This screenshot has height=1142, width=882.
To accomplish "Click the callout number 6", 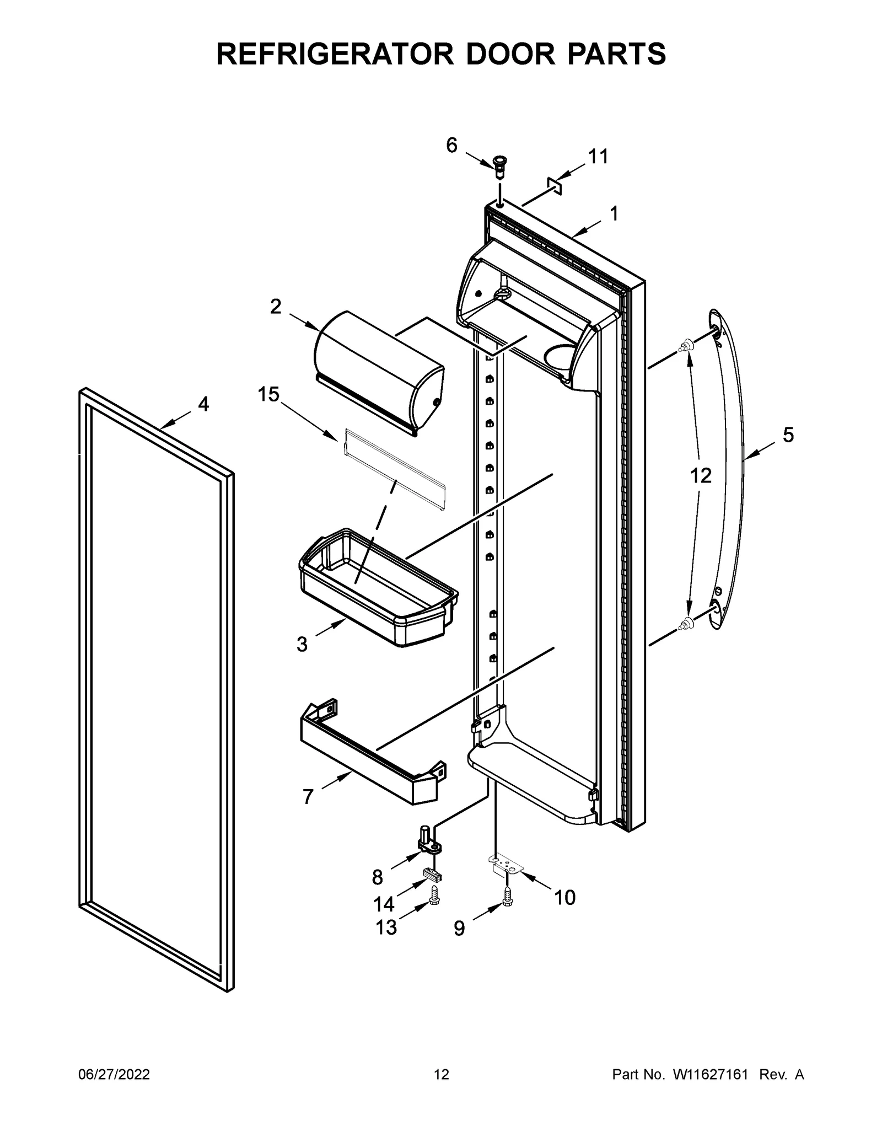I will click(x=451, y=145).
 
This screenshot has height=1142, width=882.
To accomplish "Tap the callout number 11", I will click(x=598, y=157).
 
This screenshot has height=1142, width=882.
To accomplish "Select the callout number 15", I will click(x=269, y=394).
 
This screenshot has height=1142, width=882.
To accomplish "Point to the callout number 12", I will click(x=701, y=475).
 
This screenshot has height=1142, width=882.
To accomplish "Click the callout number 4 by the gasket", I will click(x=203, y=404).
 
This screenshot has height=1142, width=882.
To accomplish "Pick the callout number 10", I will click(x=564, y=898).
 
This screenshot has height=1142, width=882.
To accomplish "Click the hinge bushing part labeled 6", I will click(x=500, y=166).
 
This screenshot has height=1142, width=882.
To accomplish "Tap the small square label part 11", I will click(x=554, y=186).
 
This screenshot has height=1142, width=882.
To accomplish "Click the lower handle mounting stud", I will click(x=686, y=624).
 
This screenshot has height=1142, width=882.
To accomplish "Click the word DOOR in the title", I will click(x=508, y=53).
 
